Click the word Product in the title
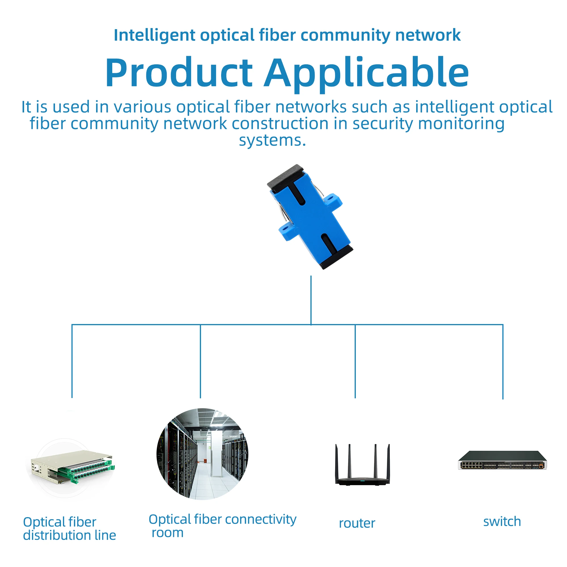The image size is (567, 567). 179,73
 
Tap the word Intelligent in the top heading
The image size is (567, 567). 155,35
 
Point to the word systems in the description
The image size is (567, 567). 272,140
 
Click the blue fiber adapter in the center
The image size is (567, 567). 310,217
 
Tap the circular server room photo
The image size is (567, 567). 202,454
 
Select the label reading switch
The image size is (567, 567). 502,522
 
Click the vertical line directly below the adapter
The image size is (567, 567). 311,300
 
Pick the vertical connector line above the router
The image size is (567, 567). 355,361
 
